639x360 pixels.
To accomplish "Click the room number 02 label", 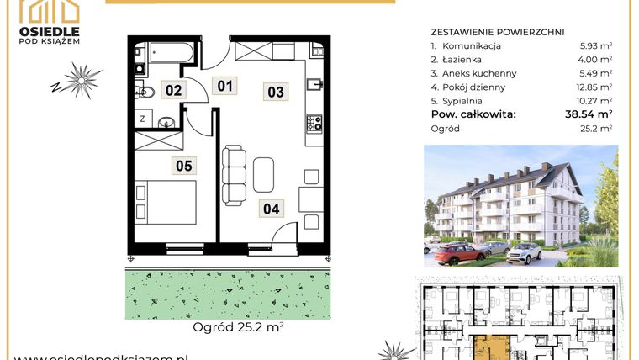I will point(173,89).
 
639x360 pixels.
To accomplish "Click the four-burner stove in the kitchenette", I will point(314,124).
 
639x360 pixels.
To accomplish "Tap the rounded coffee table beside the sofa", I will point(263,175).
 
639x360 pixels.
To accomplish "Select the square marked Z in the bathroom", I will point(142,119).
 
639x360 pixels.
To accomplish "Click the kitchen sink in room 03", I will point(314,84).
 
